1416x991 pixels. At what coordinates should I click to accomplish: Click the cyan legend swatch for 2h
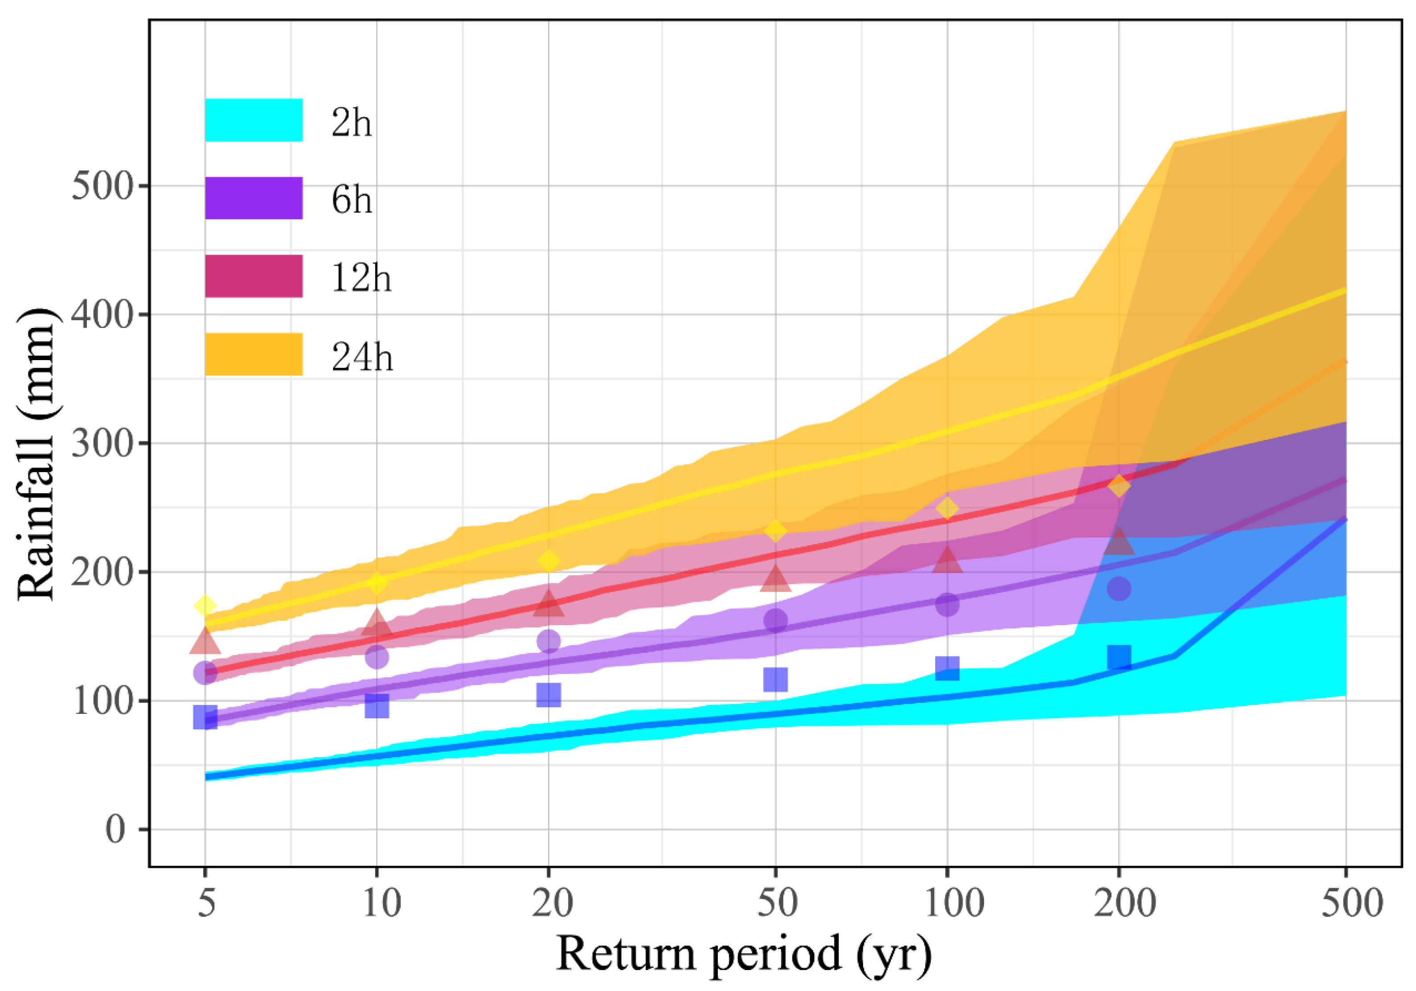[x=254, y=120]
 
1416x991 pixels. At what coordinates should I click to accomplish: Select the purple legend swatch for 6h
[x=254, y=198]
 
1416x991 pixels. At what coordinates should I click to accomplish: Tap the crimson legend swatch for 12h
[x=254, y=276]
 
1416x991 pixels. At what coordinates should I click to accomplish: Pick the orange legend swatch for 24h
[x=254, y=354]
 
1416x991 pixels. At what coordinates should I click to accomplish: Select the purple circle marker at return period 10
[x=377, y=656]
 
